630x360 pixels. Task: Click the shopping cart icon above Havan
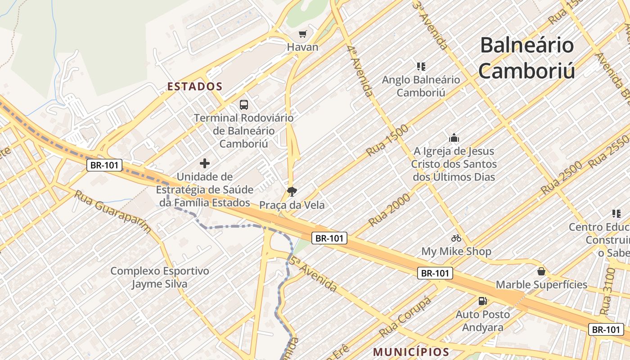coord(303,34)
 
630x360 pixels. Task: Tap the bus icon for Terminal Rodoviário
coord(244,105)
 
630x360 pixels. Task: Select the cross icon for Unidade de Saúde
coord(205,163)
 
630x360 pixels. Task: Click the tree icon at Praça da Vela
coord(292,192)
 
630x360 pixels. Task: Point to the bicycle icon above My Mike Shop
coord(456,238)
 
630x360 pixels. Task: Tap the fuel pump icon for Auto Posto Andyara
coord(483,301)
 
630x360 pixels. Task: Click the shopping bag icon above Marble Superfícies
coord(541,271)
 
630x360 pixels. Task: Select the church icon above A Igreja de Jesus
coord(454,138)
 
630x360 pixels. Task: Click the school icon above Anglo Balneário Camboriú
coord(421,67)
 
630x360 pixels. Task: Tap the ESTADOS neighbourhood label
coord(195,86)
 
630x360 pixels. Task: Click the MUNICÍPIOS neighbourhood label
coord(411,352)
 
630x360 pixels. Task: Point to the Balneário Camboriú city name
coord(526,58)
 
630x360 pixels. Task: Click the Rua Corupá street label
coord(405,317)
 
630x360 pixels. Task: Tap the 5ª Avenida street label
coord(313,274)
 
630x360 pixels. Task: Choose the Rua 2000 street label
coord(389,210)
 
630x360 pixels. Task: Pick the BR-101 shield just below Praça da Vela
coord(329,238)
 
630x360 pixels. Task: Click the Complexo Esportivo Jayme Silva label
coord(159,277)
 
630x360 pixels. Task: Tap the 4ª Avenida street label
coord(360,70)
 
